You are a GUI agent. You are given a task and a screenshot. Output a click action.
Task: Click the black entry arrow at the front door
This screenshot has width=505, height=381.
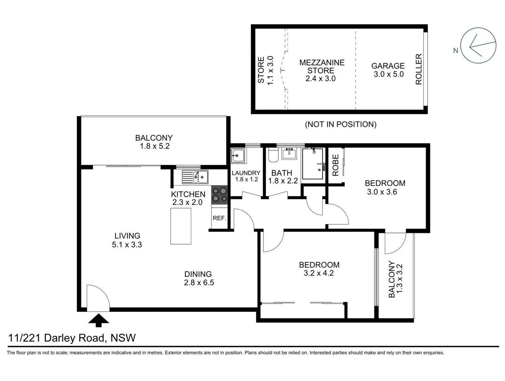pos(99,320)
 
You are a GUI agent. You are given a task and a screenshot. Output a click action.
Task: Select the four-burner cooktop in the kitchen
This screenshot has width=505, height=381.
pos(220,195)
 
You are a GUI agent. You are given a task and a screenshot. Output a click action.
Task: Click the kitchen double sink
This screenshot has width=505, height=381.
pos(195,177)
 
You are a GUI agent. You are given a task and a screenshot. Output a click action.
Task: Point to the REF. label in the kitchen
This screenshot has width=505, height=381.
pos(219,218)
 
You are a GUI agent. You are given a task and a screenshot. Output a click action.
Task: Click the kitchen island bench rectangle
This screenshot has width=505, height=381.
pos(181,226)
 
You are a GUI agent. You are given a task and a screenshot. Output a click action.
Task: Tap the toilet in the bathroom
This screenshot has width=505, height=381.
pos(273,155)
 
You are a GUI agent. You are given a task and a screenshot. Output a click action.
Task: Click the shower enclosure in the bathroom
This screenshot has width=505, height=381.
pos(313,164)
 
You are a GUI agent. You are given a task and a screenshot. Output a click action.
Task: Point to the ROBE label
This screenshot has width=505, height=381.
pos(335,165)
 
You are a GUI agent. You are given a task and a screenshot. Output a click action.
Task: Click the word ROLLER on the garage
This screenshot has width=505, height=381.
pos(418,69)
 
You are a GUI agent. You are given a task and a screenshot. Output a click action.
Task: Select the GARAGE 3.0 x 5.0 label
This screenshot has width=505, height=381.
pos(388,70)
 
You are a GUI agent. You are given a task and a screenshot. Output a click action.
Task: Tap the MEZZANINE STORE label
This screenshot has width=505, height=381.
pos(321,67)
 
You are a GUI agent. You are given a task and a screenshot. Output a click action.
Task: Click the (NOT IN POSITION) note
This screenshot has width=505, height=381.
pos(340,124)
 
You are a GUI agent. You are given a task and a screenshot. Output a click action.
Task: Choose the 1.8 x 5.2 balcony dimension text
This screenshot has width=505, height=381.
pos(155,146)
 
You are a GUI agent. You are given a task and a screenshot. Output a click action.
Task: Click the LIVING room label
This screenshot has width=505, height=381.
pos(127,236)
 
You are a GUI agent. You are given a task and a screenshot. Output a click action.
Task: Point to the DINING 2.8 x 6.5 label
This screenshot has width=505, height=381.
pos(198,278)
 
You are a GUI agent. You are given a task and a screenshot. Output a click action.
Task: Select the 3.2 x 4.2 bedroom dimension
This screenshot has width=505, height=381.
pos(319,273)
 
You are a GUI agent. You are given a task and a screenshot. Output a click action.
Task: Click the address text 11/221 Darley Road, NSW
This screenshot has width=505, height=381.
pos(72,338)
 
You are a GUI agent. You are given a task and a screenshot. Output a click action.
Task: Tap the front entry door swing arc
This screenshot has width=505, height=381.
pos(101,295)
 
